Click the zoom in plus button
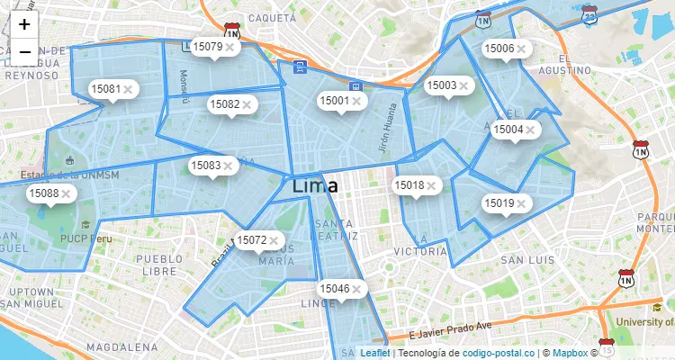click(24, 25)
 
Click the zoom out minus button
click(24, 52)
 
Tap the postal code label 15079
click(208, 46)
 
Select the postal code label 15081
click(105, 89)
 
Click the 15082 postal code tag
click(224, 104)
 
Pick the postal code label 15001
click(334, 101)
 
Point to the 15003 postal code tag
click(441, 85)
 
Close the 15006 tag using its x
click(521, 49)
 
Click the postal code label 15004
click(508, 130)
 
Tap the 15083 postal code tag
click(205, 166)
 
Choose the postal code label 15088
click(43, 193)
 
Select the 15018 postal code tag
click(409, 185)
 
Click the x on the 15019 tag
click(521, 204)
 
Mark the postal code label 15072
click(250, 240)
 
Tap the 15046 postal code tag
click(334, 289)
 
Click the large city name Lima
click(315, 186)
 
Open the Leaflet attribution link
click(375, 353)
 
